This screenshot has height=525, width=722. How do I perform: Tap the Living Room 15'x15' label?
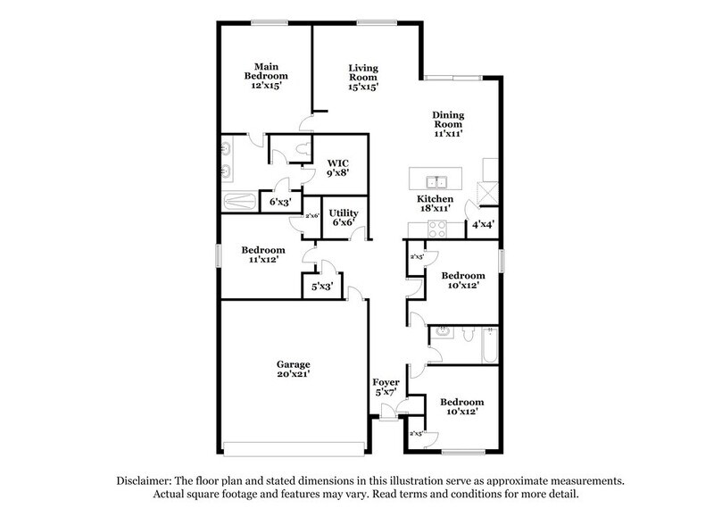(364, 77)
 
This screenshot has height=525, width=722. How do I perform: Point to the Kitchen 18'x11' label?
(435, 203)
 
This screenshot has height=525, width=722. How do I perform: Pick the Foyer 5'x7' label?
(386, 387)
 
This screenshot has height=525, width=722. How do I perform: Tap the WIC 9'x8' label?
(337, 168)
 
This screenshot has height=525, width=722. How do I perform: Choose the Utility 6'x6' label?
(344, 218)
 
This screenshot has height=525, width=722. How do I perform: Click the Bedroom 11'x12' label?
(262, 255)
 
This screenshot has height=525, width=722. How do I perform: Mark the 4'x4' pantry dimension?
(483, 224)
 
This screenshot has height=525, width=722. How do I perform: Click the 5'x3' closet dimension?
(321, 287)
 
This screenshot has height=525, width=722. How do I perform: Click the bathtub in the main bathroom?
(238, 201)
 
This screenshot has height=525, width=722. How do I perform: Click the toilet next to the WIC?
(306, 147)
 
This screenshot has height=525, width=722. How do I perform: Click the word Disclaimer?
(146, 479)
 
